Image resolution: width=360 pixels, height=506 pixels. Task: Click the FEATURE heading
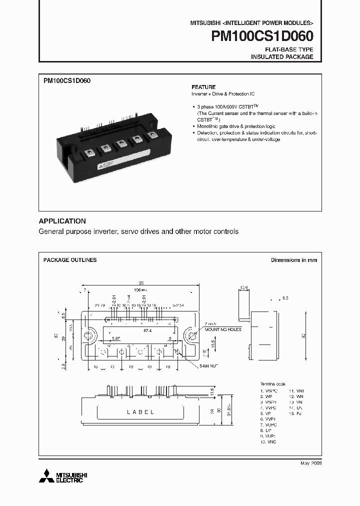coord(203,86)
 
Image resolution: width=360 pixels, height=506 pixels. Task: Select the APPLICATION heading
coord(62,221)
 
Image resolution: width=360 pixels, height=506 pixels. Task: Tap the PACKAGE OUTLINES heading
coord(70,260)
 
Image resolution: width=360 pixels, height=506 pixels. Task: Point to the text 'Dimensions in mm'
coord(294,260)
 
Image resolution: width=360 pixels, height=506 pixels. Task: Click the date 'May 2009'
coord(311,463)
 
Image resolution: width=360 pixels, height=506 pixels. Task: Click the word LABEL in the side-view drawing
coord(140,412)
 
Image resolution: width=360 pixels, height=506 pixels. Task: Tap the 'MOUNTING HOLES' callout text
coord(222,330)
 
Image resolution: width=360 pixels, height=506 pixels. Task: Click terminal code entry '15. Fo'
coord(295,414)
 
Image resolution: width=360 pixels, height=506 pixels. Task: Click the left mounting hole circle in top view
coord(90,335)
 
